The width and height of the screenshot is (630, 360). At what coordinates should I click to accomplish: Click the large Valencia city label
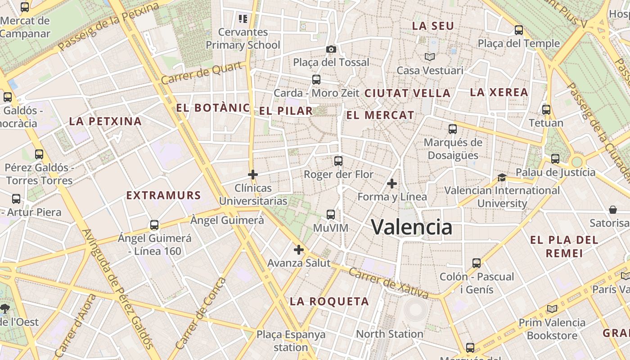pos(411,227)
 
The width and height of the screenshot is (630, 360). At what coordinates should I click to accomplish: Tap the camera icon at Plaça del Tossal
pos(331,49)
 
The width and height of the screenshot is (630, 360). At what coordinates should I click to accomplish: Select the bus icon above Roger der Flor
pos(338,161)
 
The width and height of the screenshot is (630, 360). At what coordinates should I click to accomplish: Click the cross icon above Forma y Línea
pos(392,184)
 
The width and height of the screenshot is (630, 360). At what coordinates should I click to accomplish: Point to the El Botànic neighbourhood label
pos(213,108)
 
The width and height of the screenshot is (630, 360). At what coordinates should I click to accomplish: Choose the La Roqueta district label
pos(329,301)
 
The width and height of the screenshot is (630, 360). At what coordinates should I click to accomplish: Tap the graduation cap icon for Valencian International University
pos(502,178)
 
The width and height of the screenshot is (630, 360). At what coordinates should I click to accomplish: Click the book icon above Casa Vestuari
pos(430,57)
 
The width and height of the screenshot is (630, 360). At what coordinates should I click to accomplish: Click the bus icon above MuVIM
pos(331,215)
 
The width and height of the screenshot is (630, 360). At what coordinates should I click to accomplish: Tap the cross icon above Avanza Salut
pos(299,250)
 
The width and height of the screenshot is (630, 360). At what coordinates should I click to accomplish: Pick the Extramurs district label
pos(163,195)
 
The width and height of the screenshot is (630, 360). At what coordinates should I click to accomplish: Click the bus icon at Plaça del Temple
pos(519,30)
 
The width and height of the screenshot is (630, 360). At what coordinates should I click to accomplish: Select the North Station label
pos(390,334)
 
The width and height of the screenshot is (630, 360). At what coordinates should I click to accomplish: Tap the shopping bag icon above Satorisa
pos(613,210)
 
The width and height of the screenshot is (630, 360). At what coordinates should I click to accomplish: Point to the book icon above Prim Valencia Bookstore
pos(552,309)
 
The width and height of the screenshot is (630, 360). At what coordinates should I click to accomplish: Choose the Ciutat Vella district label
pos(407,93)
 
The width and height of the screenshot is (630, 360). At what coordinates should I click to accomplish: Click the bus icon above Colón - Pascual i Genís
pos(477,263)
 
